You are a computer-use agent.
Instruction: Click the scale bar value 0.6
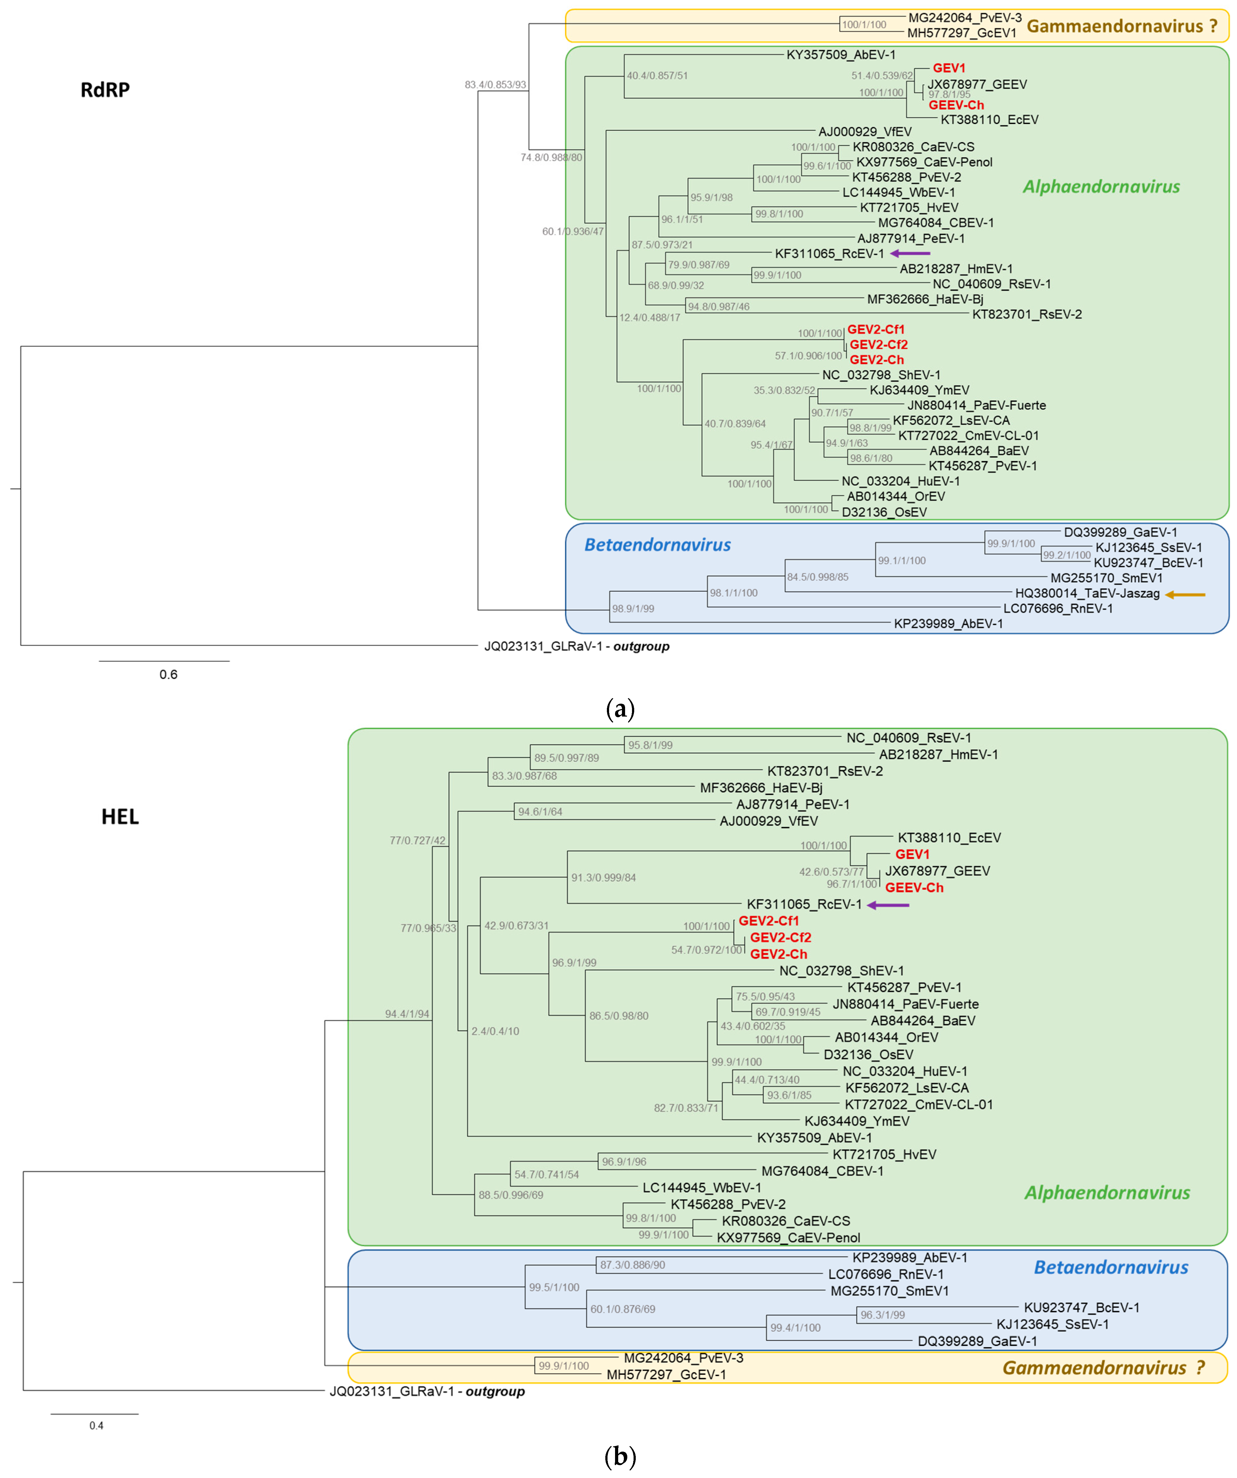(x=168, y=674)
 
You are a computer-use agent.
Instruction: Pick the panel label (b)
(x=620, y=1455)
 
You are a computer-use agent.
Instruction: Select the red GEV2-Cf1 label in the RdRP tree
(x=875, y=329)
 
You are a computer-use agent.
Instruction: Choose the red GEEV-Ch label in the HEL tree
(x=914, y=888)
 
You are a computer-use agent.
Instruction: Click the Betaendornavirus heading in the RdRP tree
(x=657, y=545)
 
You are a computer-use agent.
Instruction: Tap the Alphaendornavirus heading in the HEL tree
(x=1107, y=1192)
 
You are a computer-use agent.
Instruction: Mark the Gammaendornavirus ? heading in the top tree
(x=1122, y=27)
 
